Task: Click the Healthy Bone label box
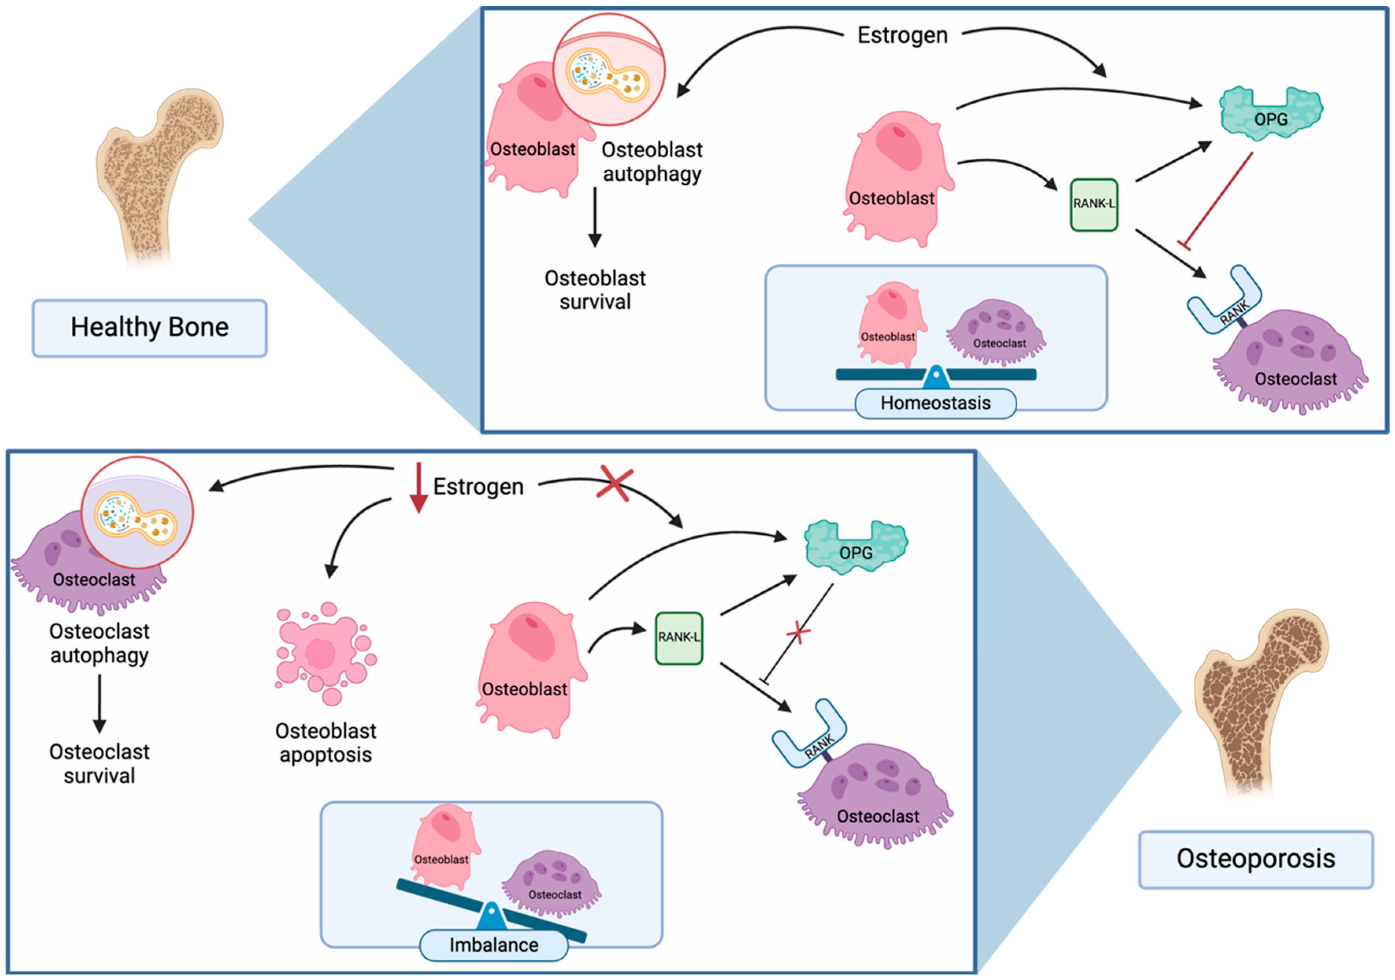pos(150,328)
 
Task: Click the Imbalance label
pos(493,945)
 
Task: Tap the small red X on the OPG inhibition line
pos(798,633)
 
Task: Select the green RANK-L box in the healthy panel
pos(1094,205)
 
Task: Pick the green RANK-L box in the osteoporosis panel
pos(679,638)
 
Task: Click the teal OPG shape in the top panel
pos(1271,115)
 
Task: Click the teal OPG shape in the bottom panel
pos(855,548)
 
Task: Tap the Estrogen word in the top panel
pos(902,35)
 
